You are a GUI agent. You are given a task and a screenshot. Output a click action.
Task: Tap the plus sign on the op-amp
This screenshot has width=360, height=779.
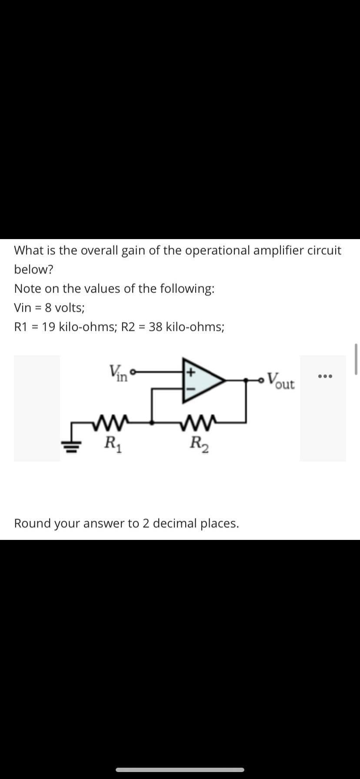(190, 373)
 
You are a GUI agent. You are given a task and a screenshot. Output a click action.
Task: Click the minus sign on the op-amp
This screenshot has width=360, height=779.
(190, 388)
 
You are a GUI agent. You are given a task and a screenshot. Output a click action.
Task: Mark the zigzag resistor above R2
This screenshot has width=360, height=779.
(198, 422)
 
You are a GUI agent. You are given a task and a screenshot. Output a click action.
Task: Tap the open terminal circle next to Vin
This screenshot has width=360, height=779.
(133, 372)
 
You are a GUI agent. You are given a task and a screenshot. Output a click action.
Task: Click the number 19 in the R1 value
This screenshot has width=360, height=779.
(49, 326)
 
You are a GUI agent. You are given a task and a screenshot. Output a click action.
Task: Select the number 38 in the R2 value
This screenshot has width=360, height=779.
(156, 326)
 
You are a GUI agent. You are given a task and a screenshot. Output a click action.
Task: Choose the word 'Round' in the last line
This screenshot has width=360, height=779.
(32, 523)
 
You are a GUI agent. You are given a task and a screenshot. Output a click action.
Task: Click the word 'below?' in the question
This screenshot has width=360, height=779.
(33, 270)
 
